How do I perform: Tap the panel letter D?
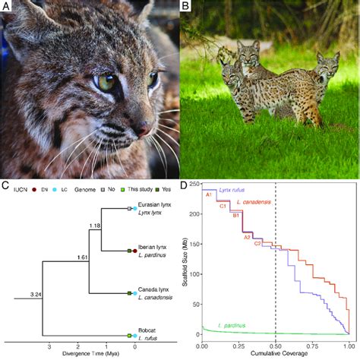pos(185,184)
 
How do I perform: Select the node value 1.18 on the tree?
pos(95,226)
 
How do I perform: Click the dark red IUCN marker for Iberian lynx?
pos(134,251)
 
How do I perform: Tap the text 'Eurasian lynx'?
pos(156,207)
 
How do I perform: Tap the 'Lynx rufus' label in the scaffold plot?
pos(224,188)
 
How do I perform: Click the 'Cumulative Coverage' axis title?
pos(275,355)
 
